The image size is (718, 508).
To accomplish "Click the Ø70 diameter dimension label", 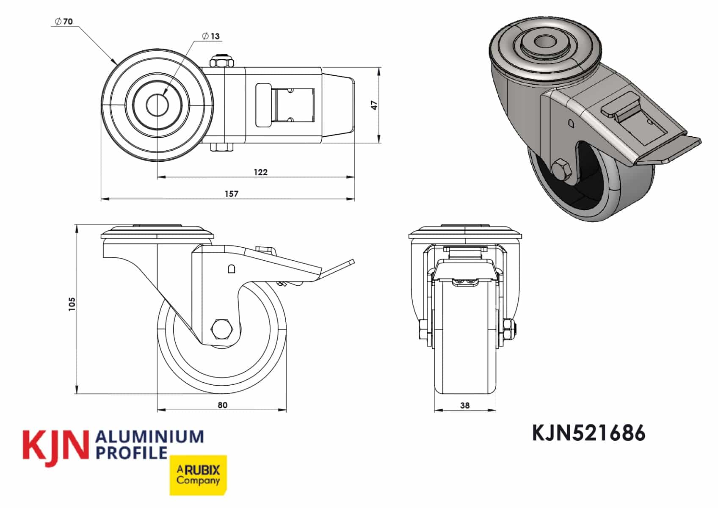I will point(64,22).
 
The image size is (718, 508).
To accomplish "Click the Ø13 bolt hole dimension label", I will point(211,36).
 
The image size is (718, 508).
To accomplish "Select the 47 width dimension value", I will point(374,105).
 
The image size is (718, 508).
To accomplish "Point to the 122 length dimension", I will point(260,172).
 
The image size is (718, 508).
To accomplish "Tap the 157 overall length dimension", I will point(231,194).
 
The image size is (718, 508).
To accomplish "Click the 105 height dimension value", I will point(72,304).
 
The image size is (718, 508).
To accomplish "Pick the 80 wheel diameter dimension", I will point(222,405).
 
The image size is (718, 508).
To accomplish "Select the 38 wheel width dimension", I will point(465,405).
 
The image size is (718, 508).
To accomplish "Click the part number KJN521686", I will point(588,433).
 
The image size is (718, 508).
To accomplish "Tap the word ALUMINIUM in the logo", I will point(150,437).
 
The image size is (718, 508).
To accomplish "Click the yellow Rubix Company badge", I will point(198,475).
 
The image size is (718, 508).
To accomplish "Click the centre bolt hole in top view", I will point(157,105).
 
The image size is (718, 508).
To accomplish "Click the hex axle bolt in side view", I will point(221,329).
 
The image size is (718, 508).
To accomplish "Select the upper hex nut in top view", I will point(222,62).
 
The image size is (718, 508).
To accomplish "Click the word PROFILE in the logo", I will point(132,453).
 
